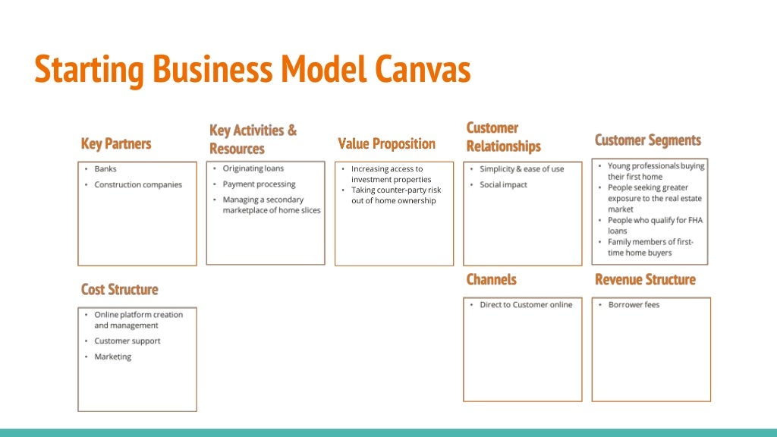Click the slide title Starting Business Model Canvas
(x=253, y=70)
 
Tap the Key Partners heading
(x=116, y=144)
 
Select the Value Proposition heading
(x=386, y=143)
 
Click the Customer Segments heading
(x=647, y=140)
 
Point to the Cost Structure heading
(x=120, y=290)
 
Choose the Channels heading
(x=491, y=280)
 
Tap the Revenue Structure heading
(x=645, y=280)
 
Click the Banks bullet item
(x=105, y=169)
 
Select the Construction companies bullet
(x=138, y=185)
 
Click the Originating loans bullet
(x=253, y=168)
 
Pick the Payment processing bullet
(x=259, y=184)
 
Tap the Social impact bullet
(x=503, y=185)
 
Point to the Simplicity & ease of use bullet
(x=521, y=169)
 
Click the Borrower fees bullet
(x=634, y=305)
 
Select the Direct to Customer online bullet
(x=526, y=305)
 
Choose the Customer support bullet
(x=127, y=341)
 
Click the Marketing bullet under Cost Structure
(x=112, y=357)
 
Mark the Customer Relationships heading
(x=503, y=137)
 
